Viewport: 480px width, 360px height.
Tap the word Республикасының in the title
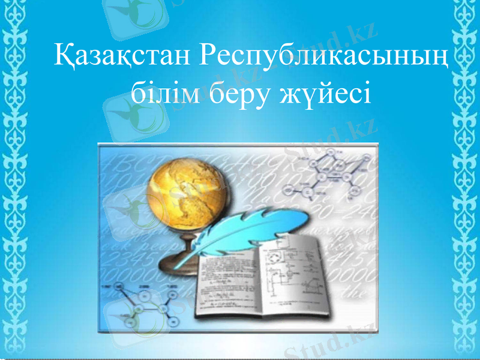pyautogui.click(x=324, y=58)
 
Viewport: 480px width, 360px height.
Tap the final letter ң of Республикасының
pyautogui.click(x=441, y=60)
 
